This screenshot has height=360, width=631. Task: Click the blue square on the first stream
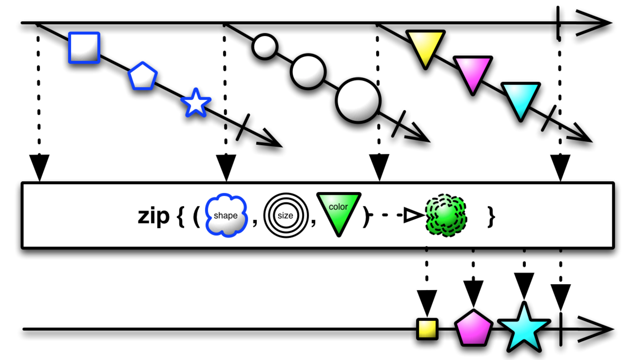84,47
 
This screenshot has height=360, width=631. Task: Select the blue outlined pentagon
143,78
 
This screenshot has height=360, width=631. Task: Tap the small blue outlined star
195,103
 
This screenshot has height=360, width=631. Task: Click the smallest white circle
265,46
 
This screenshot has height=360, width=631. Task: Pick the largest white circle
358,101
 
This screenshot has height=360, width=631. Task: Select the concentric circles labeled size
285,216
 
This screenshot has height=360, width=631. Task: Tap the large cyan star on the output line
524,328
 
